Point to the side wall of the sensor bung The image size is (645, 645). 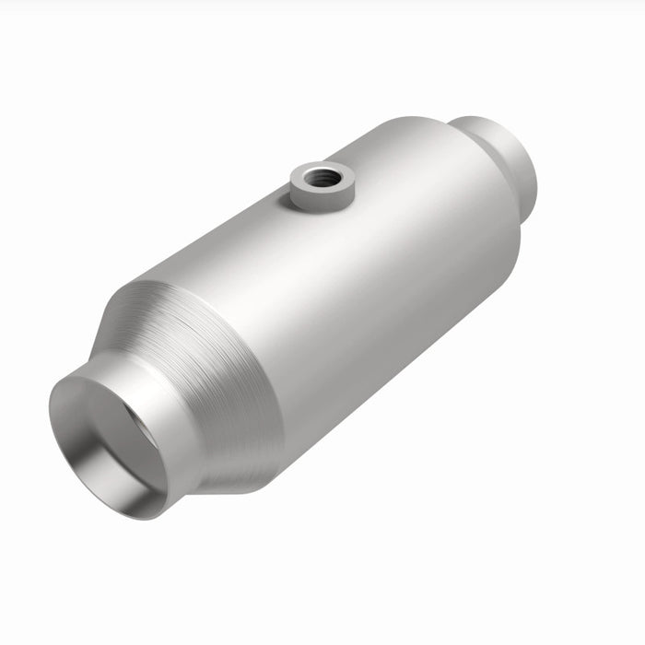[x=313, y=195]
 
